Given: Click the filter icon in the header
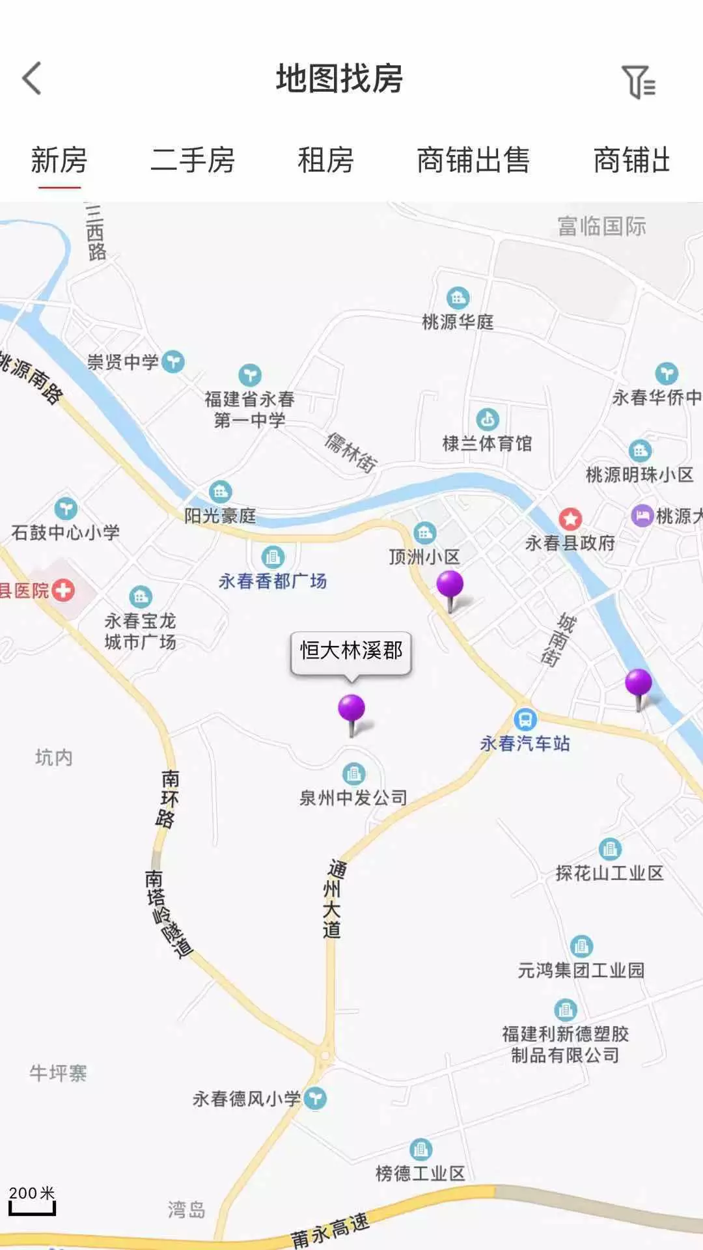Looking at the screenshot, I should coord(638,82).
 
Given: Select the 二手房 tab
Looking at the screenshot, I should coord(193,161).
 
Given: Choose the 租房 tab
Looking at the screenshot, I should coord(325,161).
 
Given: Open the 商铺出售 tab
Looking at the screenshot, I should coord(473,161).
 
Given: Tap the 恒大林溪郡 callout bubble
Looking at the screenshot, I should coord(351,651).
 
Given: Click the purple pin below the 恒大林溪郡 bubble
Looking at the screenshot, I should coord(351,710).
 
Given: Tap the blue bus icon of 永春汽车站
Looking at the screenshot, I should coord(525,719).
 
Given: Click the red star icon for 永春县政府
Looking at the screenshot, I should coord(570,519).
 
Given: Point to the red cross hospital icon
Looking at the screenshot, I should coord(63,590).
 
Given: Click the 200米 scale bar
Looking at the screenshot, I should coord(32,1201).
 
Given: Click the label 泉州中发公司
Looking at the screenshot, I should coord(353,798).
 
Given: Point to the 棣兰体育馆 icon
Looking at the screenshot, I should coord(488,419).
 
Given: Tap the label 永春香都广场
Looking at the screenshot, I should coord(273,581).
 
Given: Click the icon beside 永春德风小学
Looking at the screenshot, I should coord(316,1099).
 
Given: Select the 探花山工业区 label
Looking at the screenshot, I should coord(609,873).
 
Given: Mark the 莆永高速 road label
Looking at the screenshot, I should coord(331,1229).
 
